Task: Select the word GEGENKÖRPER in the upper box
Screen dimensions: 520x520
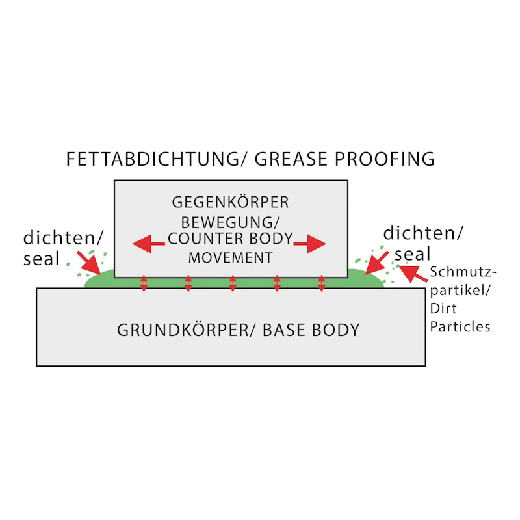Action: coord(230,201)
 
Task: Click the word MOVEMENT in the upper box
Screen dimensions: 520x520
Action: coord(230,257)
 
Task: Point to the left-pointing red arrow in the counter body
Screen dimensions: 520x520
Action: coord(148,244)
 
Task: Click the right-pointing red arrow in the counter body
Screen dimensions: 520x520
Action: coord(310,244)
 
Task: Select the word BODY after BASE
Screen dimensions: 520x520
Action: coord(335,330)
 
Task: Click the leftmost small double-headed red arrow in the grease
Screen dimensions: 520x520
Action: coord(144,283)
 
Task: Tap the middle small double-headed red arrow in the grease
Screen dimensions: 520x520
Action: coord(232,283)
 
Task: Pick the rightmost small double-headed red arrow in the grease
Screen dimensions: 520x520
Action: coord(321,283)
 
